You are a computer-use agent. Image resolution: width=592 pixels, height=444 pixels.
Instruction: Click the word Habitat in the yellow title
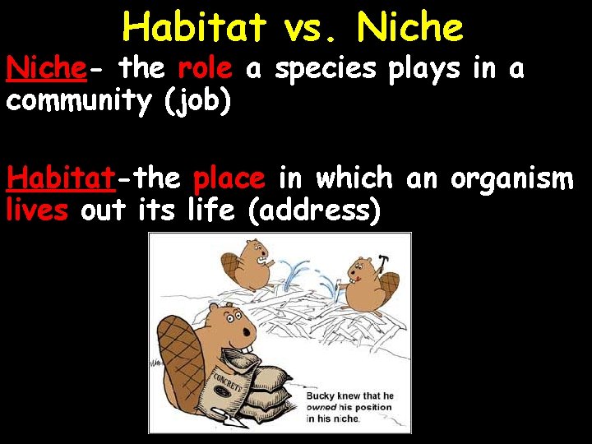[x=194, y=28]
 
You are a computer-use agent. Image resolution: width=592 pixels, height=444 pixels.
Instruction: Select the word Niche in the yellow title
[x=410, y=28]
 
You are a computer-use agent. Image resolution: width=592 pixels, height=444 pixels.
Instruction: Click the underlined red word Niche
[x=46, y=69]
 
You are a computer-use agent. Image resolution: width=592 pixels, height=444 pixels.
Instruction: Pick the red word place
[x=229, y=178]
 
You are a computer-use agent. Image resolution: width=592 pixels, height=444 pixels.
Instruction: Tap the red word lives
[x=38, y=211]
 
